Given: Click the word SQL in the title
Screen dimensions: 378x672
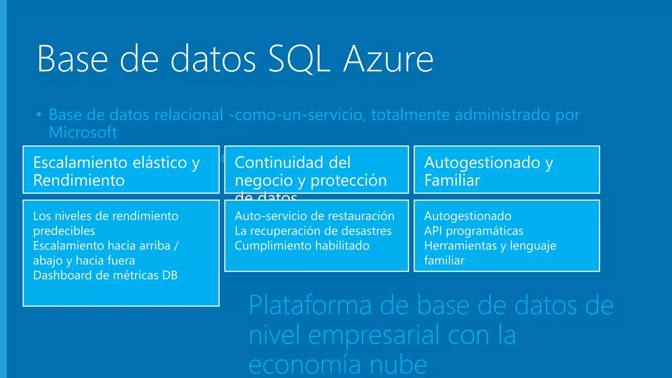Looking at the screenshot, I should click(x=299, y=59).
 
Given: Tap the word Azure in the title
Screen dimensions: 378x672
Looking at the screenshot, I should click(x=388, y=59).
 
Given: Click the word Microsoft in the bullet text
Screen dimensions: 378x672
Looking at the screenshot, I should click(x=83, y=133).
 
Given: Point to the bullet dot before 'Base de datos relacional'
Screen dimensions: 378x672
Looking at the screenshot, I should click(x=39, y=115).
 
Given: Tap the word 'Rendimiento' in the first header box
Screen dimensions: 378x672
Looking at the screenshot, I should click(x=79, y=180).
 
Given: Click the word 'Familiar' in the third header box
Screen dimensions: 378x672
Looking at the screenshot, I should click(x=452, y=180).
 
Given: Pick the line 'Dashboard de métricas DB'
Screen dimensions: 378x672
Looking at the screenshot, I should click(x=105, y=275).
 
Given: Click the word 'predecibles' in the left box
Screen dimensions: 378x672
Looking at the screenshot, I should click(x=64, y=231).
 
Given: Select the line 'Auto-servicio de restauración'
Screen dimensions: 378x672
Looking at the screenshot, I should click(x=314, y=216).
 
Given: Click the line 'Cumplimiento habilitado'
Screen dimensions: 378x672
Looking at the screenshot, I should click(x=302, y=246).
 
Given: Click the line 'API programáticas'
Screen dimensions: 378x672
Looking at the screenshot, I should click(x=473, y=231).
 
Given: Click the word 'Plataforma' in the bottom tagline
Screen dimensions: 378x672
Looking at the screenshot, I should click(x=310, y=306).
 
